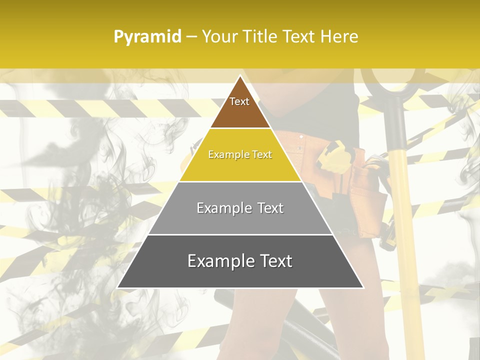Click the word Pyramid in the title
click(147, 37)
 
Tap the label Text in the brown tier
click(239, 101)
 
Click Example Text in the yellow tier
click(240, 154)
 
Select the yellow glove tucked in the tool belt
click(335, 155)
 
